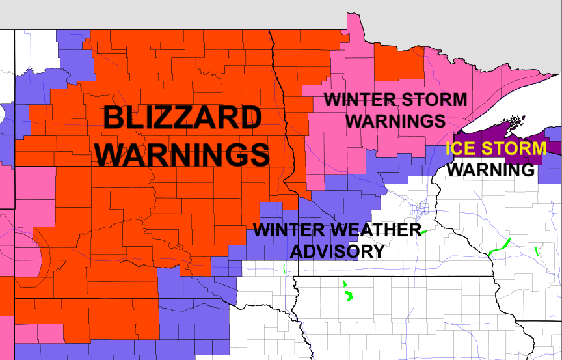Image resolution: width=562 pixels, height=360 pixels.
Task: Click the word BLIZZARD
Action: pos(183,119)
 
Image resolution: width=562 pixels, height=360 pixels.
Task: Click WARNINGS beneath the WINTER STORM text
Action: pos(396,121)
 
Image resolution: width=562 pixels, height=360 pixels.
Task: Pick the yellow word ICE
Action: pos(462,148)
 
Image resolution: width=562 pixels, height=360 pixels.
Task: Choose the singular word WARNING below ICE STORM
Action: pos(492,170)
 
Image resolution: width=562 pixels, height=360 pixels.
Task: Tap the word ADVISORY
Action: pos(337,251)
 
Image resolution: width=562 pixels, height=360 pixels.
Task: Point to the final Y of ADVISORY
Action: pos(377,251)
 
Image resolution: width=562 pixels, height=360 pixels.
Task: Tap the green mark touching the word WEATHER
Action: pos(422,232)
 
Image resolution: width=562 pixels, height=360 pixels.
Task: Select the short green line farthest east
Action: pos(536,251)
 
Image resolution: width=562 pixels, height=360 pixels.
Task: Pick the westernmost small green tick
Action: pos(285,268)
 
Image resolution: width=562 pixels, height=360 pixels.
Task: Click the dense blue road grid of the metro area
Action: pos(419,210)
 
